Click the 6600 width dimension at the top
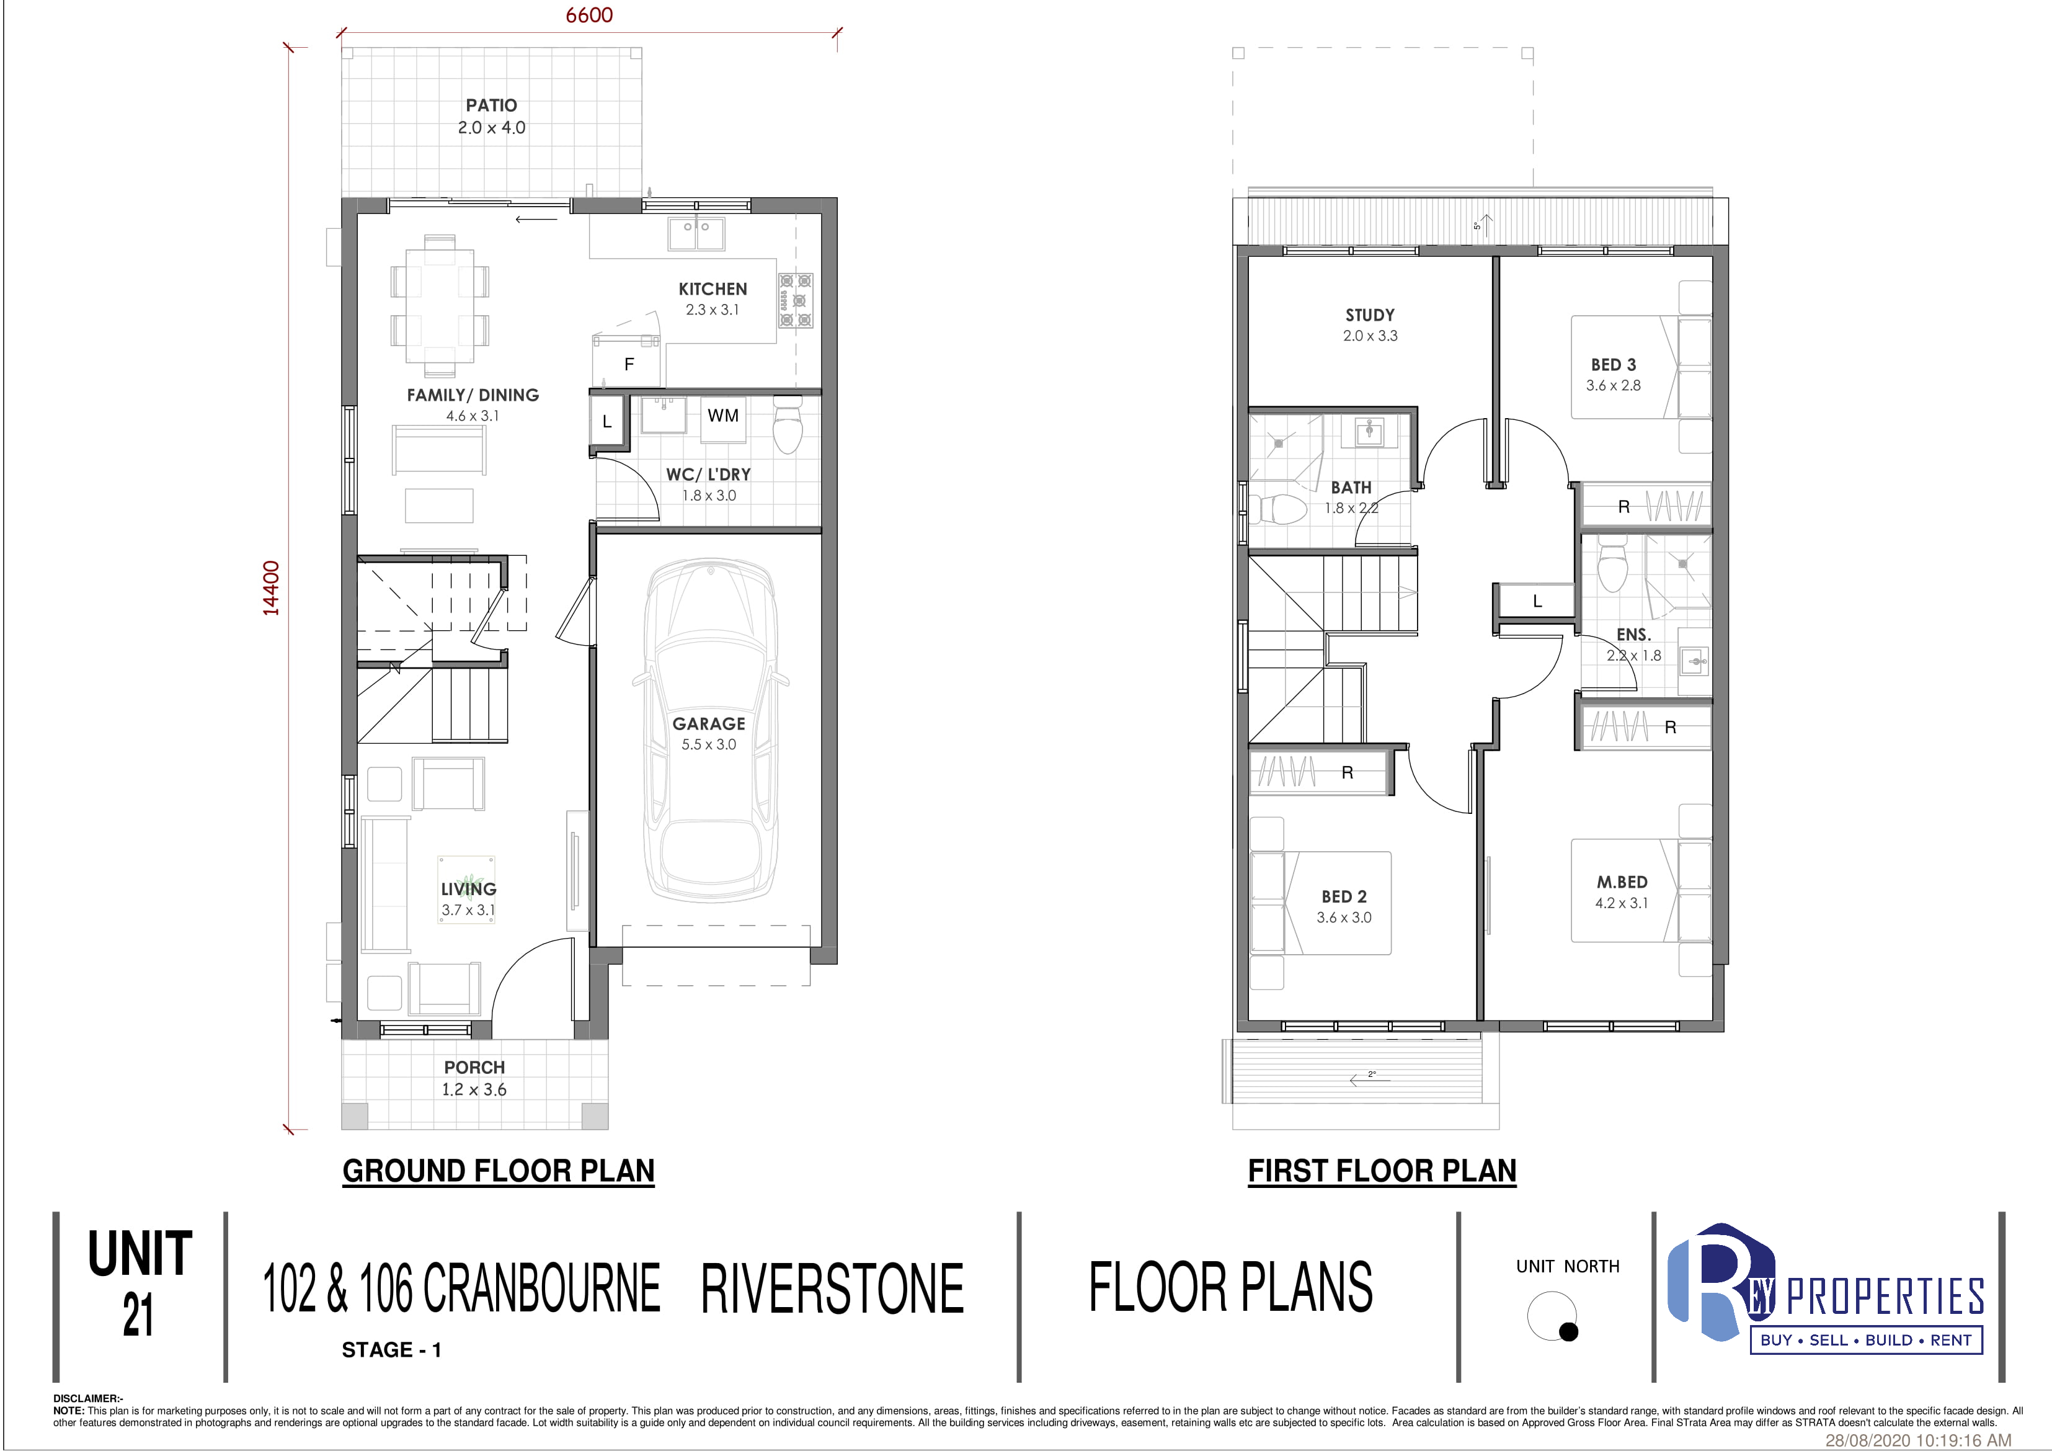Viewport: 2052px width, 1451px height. [x=589, y=15]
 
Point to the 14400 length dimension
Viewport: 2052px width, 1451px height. [x=271, y=587]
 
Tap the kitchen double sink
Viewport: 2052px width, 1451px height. [x=697, y=234]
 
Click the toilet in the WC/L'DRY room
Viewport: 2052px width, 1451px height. [x=788, y=426]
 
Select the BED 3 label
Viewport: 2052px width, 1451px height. [x=1613, y=365]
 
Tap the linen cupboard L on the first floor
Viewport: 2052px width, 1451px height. [x=1537, y=600]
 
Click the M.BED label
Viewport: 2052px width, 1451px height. [x=1622, y=882]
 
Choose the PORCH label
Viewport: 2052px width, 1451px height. [x=474, y=1068]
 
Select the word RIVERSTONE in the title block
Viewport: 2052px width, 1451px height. [x=832, y=1289]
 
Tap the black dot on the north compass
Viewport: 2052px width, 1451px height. [x=1568, y=1332]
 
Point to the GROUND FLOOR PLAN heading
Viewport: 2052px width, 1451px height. [x=499, y=1171]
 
